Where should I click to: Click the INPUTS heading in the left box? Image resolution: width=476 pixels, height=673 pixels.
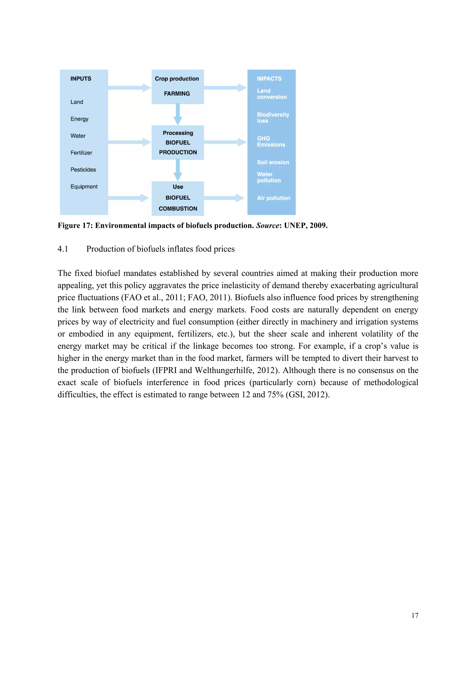tap(81, 79)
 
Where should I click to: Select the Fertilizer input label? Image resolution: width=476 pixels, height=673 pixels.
tap(81, 153)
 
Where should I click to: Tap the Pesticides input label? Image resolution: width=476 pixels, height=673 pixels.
tap(83, 170)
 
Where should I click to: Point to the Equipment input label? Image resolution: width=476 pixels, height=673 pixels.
tap(84, 187)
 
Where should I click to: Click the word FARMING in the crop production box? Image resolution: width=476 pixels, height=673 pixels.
tap(177, 93)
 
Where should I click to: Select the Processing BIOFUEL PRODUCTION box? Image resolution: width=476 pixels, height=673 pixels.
tap(178, 143)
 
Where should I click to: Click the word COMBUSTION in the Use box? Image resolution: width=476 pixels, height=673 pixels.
tap(178, 209)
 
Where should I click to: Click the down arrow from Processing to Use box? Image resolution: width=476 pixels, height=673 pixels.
tap(178, 170)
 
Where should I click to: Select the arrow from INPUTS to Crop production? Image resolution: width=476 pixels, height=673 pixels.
tap(129, 88)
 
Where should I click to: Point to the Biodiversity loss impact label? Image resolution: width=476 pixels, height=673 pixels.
tap(273, 118)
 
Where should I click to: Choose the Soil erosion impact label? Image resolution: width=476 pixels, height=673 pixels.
tap(273, 162)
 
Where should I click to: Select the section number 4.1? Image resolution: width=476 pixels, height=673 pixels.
tap(63, 249)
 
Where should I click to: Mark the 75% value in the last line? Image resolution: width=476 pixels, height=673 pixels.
tap(275, 395)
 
